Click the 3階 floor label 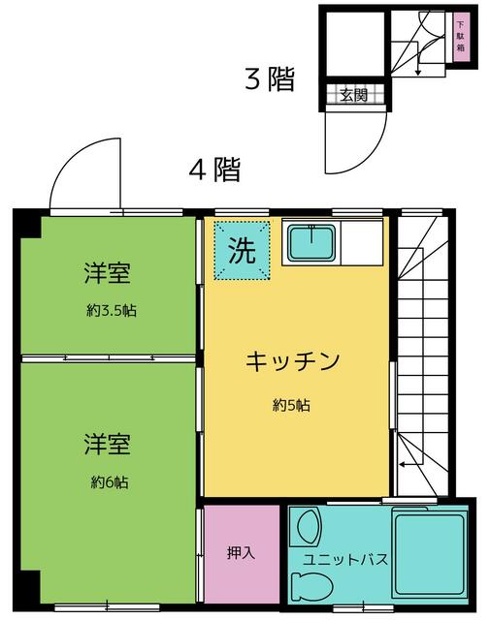point(269,79)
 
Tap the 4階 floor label point(214,170)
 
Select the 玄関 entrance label point(353,95)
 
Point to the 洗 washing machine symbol point(242,251)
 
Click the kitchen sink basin point(310,242)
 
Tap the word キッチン point(291,362)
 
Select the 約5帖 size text point(291,406)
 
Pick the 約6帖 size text point(111,481)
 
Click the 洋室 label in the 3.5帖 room point(107,273)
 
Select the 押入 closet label point(240,554)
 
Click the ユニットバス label point(346,560)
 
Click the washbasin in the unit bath point(309,528)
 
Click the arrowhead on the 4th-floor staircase point(402,465)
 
